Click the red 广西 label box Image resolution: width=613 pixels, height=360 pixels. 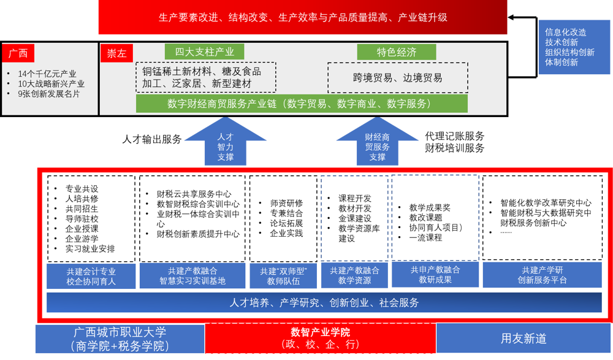point(18,53)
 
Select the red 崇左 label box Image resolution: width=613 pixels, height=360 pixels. point(116,53)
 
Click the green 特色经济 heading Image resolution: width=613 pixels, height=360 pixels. point(396,52)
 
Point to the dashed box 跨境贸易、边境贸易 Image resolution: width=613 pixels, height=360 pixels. point(397,78)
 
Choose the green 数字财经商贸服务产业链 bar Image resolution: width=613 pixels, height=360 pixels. point(302,104)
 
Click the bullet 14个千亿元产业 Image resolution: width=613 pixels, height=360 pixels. point(51,74)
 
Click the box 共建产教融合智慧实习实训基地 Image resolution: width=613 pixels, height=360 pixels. point(192,276)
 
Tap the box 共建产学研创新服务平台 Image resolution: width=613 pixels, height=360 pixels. point(542,275)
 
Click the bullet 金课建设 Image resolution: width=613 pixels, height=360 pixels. point(355,218)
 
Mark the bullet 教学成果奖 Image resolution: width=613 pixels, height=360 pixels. point(430,208)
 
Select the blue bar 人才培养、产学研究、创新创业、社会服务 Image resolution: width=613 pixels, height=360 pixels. point(324,303)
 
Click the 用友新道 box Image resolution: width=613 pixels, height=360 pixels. point(523,339)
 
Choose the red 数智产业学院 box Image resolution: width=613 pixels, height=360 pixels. point(320,338)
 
